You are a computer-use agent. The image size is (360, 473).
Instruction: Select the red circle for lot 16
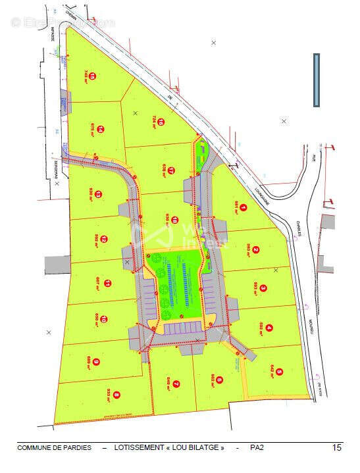[x=161, y=122]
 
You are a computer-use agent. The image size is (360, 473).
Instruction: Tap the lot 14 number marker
[x=101, y=130]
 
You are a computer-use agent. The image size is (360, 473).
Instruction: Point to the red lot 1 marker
[x=243, y=209]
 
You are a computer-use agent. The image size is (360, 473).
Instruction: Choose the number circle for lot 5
[x=280, y=372]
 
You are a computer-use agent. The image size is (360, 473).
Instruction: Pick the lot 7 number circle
[x=176, y=384]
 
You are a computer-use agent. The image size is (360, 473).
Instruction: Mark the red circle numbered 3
[x=263, y=288]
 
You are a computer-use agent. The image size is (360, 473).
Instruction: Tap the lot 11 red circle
[x=107, y=284]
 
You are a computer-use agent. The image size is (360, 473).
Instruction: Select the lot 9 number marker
[x=96, y=362]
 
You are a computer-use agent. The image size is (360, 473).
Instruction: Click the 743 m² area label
[x=86, y=75]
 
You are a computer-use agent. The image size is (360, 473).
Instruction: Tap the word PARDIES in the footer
[x=78, y=448]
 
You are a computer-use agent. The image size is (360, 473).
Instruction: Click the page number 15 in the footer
[x=337, y=448]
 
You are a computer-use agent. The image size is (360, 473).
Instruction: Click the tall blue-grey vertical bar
[x=317, y=80]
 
